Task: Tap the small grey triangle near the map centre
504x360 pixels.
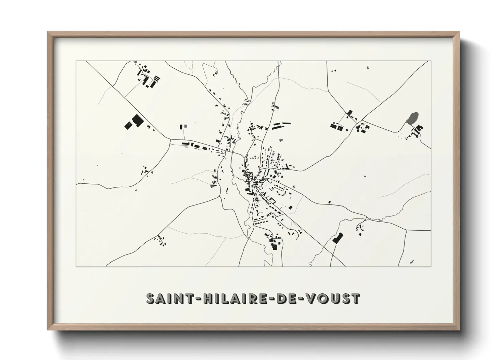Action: [280, 140]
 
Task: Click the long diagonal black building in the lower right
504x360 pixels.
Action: [337, 238]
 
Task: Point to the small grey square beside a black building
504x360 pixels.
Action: [185, 126]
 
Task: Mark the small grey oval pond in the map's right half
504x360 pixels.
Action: [365, 177]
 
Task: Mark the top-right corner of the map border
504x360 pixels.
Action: [430, 61]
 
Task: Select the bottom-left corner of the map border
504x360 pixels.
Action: [76, 266]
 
